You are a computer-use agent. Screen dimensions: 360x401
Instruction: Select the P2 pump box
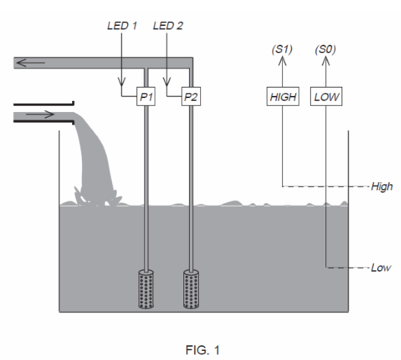tap(190, 97)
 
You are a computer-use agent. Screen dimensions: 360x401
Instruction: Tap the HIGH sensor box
tap(283, 97)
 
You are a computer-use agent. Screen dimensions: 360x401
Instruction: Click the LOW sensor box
tap(327, 97)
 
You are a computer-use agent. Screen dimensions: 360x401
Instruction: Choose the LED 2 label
tap(167, 26)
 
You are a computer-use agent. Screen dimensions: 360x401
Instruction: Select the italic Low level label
tap(381, 268)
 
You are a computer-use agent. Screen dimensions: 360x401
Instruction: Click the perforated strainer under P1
tap(145, 289)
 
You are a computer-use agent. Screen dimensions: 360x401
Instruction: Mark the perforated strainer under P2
tap(190, 289)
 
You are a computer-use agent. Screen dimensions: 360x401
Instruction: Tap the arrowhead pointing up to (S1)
tap(283, 61)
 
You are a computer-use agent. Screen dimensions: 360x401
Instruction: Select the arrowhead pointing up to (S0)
tap(327, 61)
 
